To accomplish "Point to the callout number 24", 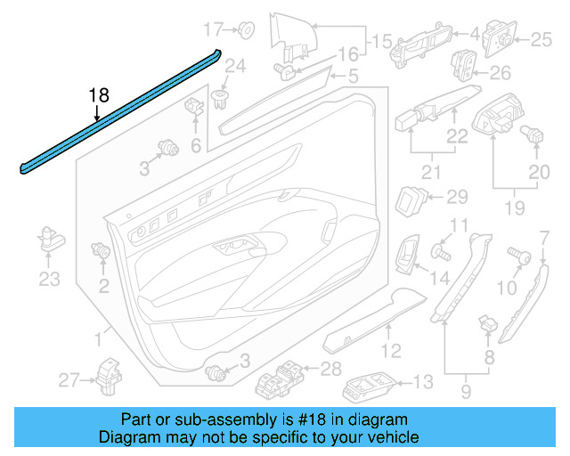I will (234, 65).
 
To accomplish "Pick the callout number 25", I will (541, 38).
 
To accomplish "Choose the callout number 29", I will (456, 197).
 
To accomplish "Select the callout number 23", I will (49, 280).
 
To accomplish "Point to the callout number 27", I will (69, 381).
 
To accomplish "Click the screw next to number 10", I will (517, 256).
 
